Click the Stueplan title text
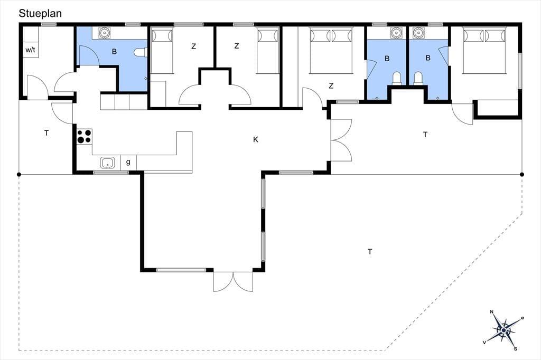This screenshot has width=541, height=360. (x=40, y=13)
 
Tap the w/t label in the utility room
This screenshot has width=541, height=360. (x=30, y=50)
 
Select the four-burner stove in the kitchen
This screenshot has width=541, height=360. (x=85, y=136)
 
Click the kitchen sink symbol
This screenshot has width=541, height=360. (x=108, y=163)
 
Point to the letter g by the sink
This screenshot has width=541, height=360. (x=128, y=162)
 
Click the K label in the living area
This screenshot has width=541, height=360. (x=256, y=140)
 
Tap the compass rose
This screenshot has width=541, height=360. (x=503, y=330)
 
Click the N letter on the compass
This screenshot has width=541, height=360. (x=492, y=312)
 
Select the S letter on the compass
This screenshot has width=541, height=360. (x=516, y=349)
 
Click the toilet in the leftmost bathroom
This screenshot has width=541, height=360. (x=141, y=52)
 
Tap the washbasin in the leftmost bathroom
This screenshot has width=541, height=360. (x=104, y=33)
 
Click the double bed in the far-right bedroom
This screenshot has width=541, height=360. (x=484, y=51)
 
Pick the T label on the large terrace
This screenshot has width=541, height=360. (x=370, y=252)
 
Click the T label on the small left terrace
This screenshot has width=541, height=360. (x=46, y=133)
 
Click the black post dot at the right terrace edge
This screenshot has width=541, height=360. (x=521, y=175)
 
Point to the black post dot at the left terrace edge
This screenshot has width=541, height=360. (x=19, y=175)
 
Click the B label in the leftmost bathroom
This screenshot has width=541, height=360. (x=114, y=52)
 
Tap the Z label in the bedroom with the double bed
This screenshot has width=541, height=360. (x=331, y=86)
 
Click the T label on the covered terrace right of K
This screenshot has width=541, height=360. (x=425, y=135)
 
